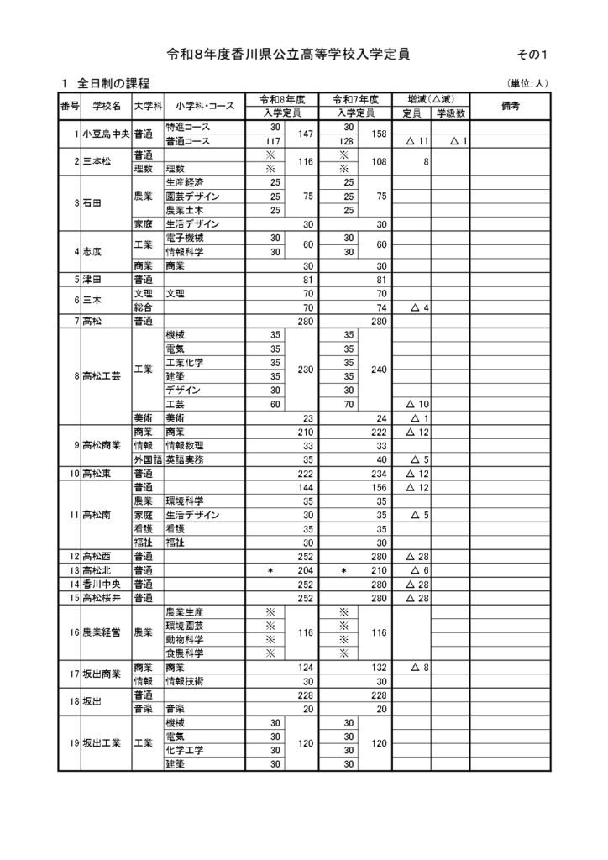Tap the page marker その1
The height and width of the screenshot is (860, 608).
coord(533,55)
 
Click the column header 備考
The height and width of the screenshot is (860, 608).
coord(509,106)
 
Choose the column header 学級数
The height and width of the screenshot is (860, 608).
coord(450,113)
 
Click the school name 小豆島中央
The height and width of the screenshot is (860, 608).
coord(106,134)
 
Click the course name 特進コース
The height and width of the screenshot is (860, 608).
coord(187,126)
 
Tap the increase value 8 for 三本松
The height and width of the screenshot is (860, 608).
coord(426,162)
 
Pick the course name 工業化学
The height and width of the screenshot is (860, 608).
coord(185,362)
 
